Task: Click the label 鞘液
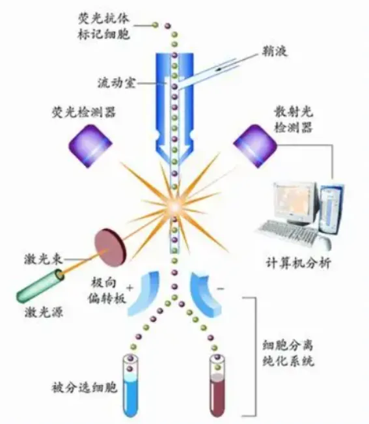click(274, 51)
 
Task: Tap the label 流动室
click(116, 83)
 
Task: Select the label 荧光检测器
click(84, 112)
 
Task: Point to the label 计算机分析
click(298, 262)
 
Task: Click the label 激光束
click(44, 260)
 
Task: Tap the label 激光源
click(44, 312)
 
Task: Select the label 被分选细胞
click(85, 388)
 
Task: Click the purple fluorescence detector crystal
click(90, 145)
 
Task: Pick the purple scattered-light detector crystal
click(255, 145)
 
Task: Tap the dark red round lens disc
click(110, 247)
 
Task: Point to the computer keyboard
click(288, 233)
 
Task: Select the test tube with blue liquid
click(130, 387)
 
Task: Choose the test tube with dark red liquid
click(218, 387)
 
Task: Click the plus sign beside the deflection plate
click(130, 287)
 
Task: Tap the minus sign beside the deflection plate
click(221, 289)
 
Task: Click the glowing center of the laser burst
click(174, 207)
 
